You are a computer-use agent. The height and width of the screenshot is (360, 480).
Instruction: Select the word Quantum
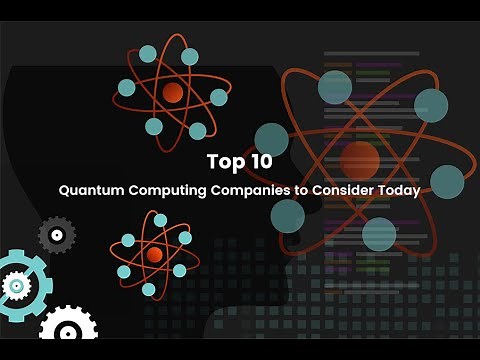pos(87,188)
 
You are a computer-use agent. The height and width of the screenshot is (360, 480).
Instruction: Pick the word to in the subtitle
pos(292,188)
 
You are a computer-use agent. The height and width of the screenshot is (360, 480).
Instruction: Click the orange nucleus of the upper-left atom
pos(172,93)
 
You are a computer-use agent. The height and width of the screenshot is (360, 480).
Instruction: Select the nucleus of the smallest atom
pos(154,255)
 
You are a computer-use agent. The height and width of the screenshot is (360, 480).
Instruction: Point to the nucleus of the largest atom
pos(359,158)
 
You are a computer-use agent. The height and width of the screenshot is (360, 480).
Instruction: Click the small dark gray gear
pos(56,235)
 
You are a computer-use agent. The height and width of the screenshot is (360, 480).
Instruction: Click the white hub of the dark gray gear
pos(56,235)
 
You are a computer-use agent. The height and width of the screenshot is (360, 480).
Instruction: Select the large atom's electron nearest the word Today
pos(446,180)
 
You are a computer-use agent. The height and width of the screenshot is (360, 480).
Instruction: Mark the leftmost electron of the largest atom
pos(271,140)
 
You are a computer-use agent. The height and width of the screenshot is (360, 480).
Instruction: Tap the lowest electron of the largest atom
pos(379,234)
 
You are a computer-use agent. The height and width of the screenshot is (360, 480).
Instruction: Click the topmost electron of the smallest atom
pos(160,220)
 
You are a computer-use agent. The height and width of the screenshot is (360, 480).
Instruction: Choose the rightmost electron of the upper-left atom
pos(219,97)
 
